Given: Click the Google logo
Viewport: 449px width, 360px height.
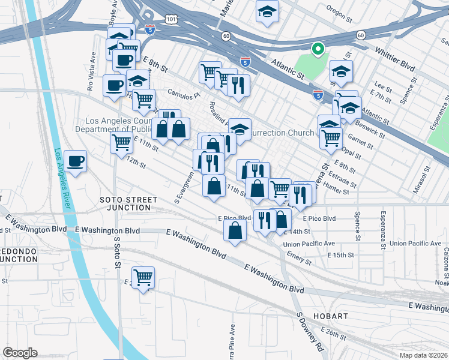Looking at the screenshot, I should click(x=20, y=353).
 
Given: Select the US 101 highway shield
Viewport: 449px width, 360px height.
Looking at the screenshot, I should click(x=172, y=20).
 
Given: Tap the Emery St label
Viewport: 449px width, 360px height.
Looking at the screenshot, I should click(x=300, y=259).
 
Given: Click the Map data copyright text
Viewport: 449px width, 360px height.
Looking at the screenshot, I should click(x=423, y=355).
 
